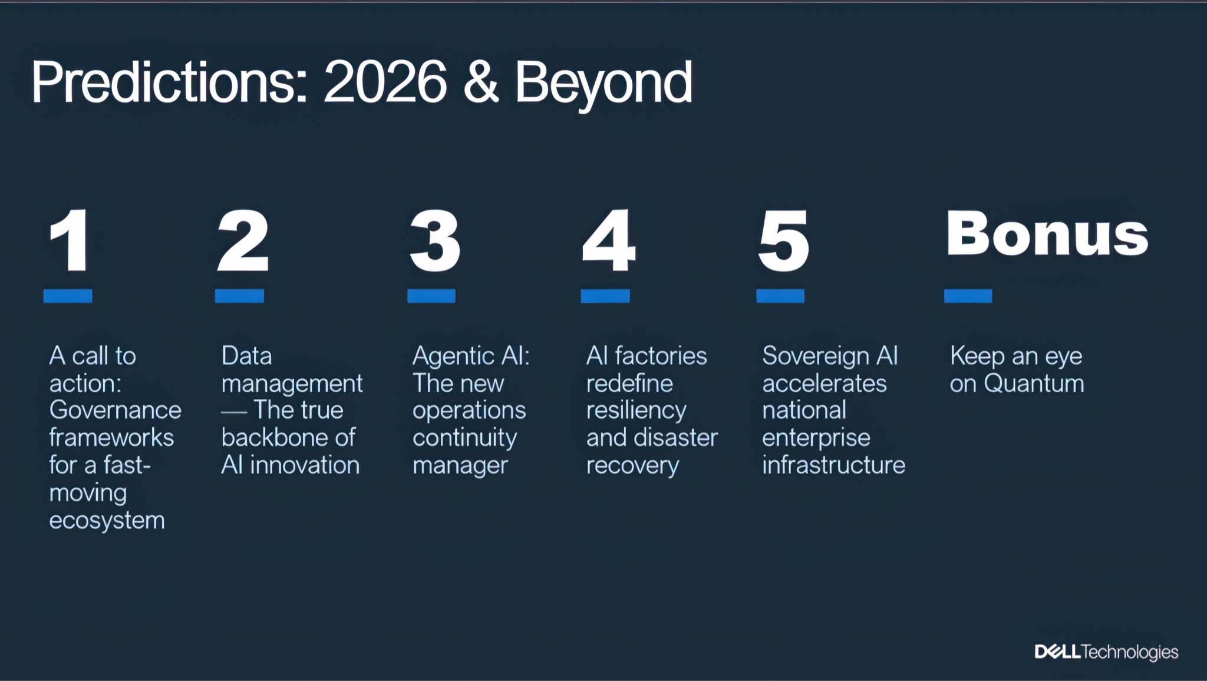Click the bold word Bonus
click(1047, 234)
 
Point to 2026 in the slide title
click(385, 82)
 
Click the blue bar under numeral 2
click(239, 296)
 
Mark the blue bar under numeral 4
click(605, 296)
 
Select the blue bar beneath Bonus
click(968, 296)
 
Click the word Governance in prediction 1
click(116, 410)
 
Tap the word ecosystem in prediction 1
click(107, 521)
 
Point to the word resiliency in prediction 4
click(636, 411)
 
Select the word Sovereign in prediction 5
click(815, 356)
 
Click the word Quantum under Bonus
click(1034, 384)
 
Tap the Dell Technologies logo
click(1106, 652)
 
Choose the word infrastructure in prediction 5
click(833, 465)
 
